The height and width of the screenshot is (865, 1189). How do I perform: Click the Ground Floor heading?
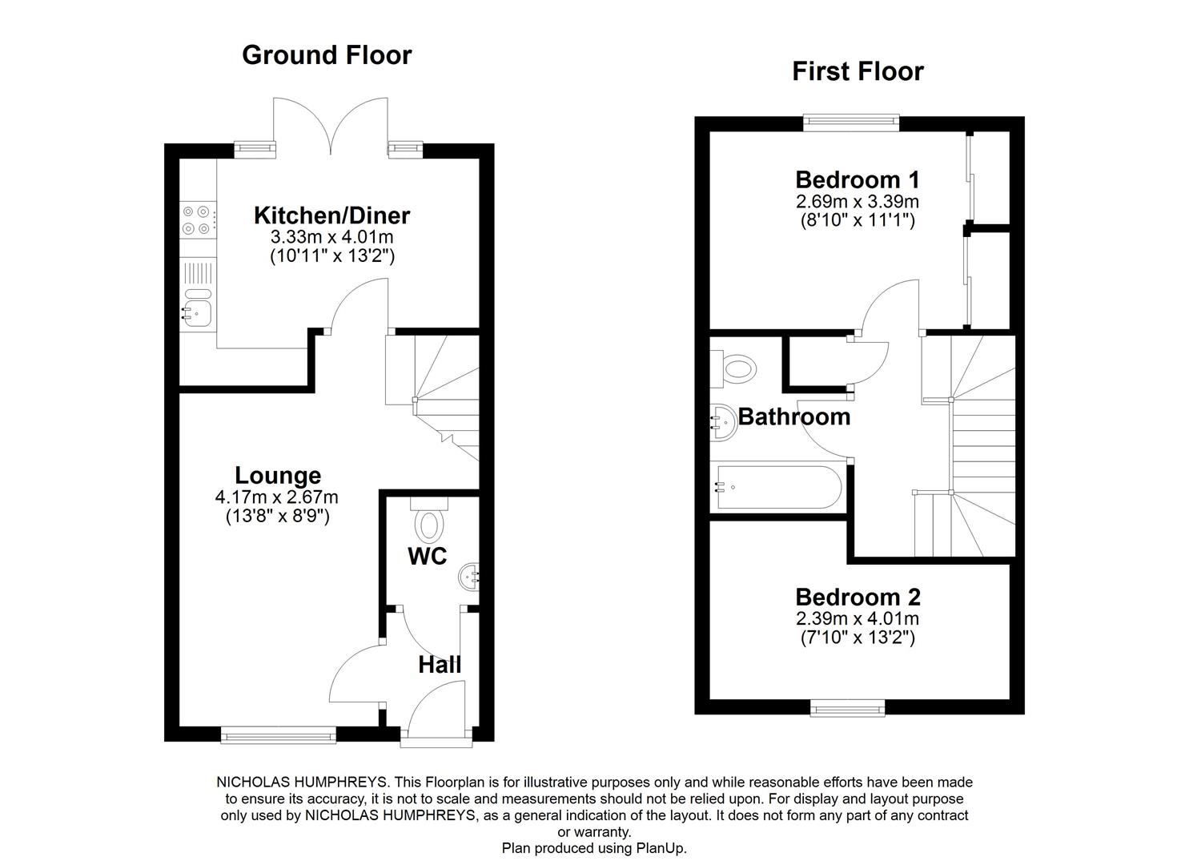coord(327,54)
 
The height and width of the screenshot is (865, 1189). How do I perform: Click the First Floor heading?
coord(858,71)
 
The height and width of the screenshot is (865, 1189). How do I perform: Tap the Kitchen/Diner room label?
coord(331,215)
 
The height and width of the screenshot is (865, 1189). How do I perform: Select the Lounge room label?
coord(277,476)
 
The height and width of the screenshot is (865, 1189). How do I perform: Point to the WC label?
coord(427,557)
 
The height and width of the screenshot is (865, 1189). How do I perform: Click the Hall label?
coord(440,665)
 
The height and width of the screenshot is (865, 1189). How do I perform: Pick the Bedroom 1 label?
coord(857,179)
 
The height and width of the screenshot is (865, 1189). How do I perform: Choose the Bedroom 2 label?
coord(858,597)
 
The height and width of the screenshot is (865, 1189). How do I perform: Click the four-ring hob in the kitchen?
coord(197,220)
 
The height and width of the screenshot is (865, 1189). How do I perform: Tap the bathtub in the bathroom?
coord(775,486)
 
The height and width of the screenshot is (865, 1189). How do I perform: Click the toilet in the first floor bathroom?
coord(736,369)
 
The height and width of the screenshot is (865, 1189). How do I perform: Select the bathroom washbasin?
coord(724,421)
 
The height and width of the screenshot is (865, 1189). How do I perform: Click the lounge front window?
coord(279,734)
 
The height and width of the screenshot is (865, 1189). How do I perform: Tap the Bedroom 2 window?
coord(848,706)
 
